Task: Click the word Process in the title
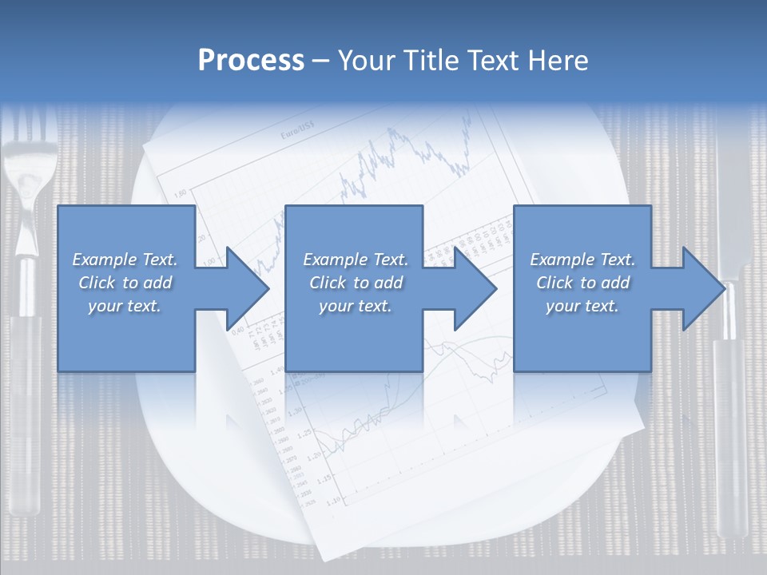point(251,61)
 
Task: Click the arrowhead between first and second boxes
point(248,288)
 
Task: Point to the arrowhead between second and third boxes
point(475,288)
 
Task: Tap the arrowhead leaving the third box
point(704,288)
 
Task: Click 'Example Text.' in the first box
point(125,260)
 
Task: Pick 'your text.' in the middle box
point(355,306)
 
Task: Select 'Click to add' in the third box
point(582,283)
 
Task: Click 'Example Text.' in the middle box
point(355,260)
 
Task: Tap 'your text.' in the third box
point(582,306)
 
